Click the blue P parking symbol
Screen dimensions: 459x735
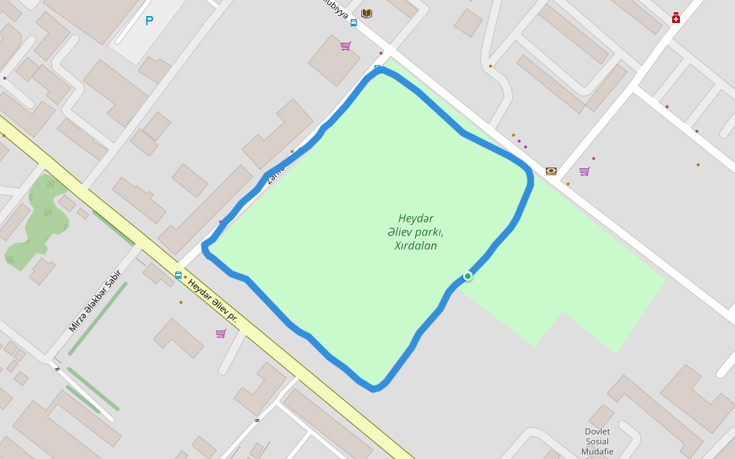pyautogui.click(x=149, y=21)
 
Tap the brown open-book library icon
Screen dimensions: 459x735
pyautogui.click(x=367, y=14)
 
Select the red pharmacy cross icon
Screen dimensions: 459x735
pyautogui.click(x=676, y=18)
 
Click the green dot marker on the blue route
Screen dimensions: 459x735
pyautogui.click(x=468, y=276)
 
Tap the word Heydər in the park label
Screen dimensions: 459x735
pyautogui.click(x=416, y=218)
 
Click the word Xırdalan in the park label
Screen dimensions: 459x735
pyautogui.click(x=416, y=246)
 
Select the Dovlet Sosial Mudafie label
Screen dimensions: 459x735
pyautogui.click(x=597, y=441)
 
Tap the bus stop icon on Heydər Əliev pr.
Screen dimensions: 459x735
pyautogui.click(x=178, y=275)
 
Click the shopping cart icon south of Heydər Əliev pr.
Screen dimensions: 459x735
pyautogui.click(x=221, y=334)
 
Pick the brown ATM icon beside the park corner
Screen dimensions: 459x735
pyautogui.click(x=551, y=171)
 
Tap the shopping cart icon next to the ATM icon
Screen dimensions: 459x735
pyautogui.click(x=585, y=171)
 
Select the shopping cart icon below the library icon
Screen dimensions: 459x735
pyautogui.click(x=346, y=46)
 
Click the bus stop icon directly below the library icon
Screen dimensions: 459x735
pyautogui.click(x=353, y=23)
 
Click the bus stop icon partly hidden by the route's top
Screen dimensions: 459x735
pyautogui.click(x=377, y=67)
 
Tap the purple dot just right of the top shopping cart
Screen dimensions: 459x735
pyautogui.click(x=381, y=53)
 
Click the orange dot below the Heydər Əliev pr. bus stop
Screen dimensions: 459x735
pyautogui.click(x=181, y=302)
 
